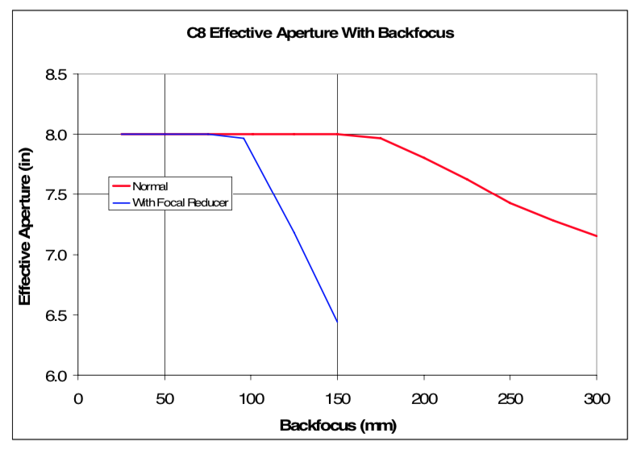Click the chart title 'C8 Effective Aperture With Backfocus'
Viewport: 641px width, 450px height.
[x=321, y=34]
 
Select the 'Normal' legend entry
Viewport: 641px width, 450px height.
[x=151, y=186]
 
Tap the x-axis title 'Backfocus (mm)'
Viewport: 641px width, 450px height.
[x=338, y=424]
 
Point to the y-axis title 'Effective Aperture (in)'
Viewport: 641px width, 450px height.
[x=25, y=225]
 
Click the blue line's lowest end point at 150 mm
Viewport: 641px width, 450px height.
[x=337, y=322]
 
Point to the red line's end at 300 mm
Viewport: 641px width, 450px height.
[x=596, y=236]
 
